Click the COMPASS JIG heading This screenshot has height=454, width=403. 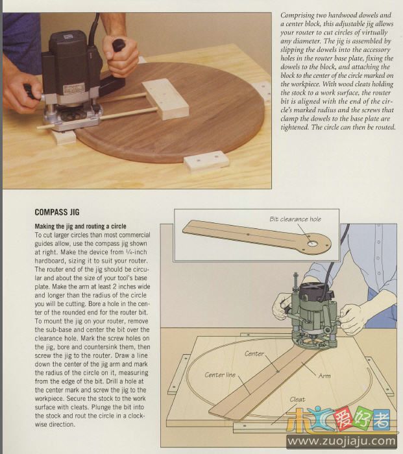point(57,212)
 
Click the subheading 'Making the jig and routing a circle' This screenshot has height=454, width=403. point(80,226)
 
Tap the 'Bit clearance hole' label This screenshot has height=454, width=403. point(295,219)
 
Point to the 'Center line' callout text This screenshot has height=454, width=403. point(220,375)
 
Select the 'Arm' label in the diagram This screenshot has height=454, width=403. point(324,376)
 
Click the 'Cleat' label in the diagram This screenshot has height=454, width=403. point(297,400)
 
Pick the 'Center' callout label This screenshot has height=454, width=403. point(254,353)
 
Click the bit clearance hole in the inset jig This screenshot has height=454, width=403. point(312,244)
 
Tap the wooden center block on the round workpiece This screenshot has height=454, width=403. point(165,99)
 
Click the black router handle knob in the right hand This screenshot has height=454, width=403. point(119,45)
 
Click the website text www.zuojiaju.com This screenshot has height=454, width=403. point(341,441)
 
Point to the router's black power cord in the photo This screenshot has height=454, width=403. point(93,29)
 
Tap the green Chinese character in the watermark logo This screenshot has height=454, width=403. point(364,417)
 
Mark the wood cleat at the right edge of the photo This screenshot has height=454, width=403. point(262,91)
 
